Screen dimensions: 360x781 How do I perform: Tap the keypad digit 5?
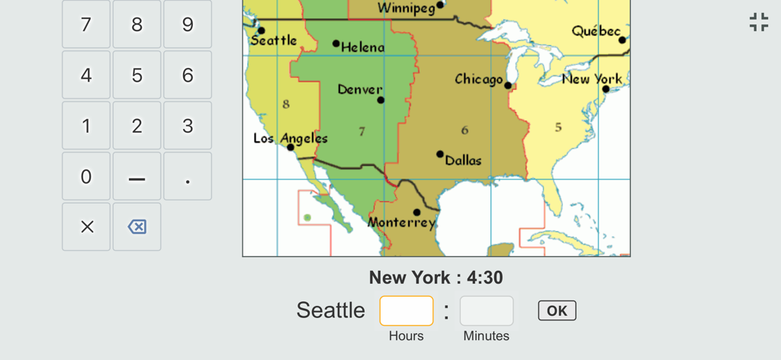point(137,76)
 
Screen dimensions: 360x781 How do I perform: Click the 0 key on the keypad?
point(86,177)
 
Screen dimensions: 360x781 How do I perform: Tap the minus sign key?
point(137,177)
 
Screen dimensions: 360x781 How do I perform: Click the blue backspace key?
point(137,227)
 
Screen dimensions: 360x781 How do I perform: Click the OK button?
point(557,310)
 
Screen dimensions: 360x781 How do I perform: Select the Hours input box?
point(407,311)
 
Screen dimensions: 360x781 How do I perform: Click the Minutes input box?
point(487,311)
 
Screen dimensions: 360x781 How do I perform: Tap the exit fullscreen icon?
point(759,22)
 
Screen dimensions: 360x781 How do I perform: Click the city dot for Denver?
point(381,100)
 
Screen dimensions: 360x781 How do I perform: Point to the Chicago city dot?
point(508,85)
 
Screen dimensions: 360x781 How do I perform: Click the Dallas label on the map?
point(464,161)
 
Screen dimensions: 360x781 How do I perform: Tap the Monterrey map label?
point(401,223)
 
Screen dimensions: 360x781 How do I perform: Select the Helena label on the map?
point(363,47)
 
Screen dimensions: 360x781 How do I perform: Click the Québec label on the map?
point(596,31)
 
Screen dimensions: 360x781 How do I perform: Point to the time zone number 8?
point(286,104)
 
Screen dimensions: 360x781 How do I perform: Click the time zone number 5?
point(558,127)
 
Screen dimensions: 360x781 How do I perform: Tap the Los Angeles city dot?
point(291,147)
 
